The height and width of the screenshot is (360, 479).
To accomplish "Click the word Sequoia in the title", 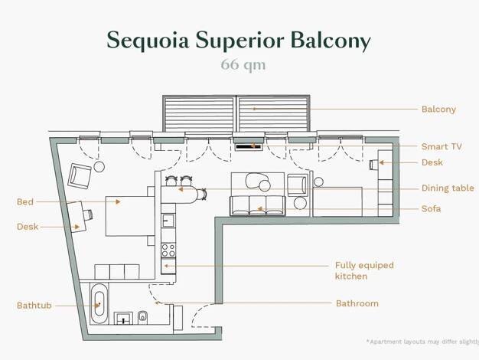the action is click(x=148, y=41).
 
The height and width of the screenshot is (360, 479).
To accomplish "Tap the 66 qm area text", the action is click(x=243, y=65).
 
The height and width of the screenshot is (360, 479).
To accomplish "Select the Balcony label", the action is click(x=438, y=110).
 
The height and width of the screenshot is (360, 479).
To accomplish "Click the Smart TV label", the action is click(x=442, y=146).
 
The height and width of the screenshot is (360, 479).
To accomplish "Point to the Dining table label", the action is click(x=448, y=188).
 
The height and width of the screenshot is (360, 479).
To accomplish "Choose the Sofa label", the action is click(x=431, y=208).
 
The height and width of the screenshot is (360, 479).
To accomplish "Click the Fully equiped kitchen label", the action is click(x=364, y=270).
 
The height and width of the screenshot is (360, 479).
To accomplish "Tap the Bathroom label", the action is click(x=357, y=303).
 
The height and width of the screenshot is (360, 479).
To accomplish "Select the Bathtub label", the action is click(x=34, y=306).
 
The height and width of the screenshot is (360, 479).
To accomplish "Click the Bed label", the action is click(x=25, y=202).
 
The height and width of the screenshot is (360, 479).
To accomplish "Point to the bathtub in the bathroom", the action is click(x=99, y=303).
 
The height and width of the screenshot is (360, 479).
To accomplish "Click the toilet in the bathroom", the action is click(x=142, y=317).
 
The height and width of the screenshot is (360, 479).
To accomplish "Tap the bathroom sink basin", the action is click(x=123, y=318).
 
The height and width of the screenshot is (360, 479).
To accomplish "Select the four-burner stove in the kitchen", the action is click(x=168, y=250).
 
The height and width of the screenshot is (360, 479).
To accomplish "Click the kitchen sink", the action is click(x=168, y=220).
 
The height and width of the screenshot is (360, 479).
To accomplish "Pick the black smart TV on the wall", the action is click(x=249, y=147).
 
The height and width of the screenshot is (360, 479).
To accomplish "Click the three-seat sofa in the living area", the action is click(x=258, y=205).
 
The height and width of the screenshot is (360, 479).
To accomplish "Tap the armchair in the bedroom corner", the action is click(x=80, y=176).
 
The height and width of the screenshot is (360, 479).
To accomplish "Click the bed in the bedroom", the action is click(x=130, y=216).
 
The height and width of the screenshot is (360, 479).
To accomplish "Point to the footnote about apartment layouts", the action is click(x=423, y=342).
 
